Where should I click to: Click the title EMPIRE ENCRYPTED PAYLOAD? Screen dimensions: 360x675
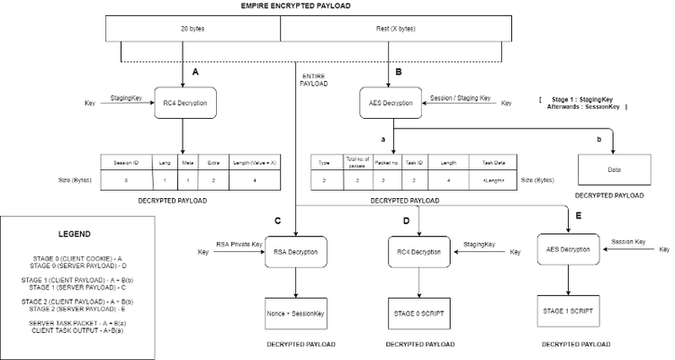click(x=295, y=6)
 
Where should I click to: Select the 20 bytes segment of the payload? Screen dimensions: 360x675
click(x=193, y=28)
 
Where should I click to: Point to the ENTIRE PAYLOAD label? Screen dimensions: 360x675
click(x=314, y=79)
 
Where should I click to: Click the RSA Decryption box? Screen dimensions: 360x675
click(x=298, y=252)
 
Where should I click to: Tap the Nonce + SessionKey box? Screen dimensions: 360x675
click(x=298, y=311)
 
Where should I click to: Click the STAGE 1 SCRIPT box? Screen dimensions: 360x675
click(x=567, y=309)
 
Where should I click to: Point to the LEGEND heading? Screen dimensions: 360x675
click(x=75, y=233)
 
